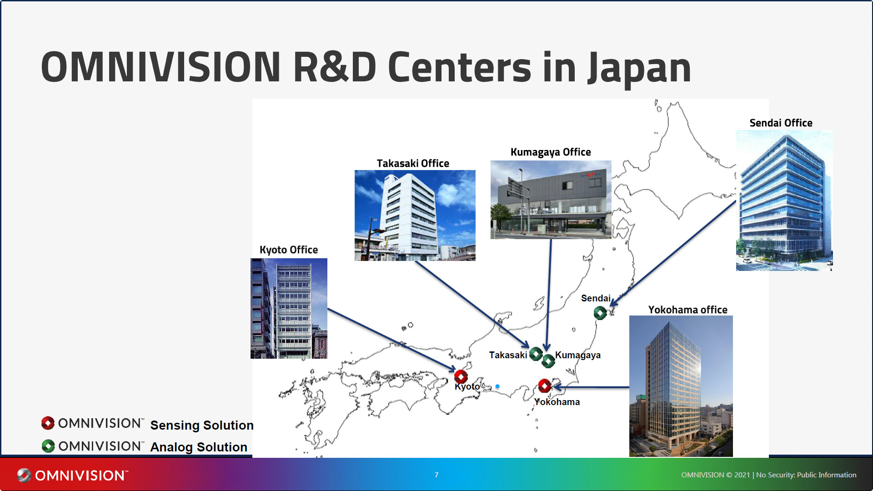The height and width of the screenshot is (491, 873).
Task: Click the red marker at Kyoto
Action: (x=461, y=376)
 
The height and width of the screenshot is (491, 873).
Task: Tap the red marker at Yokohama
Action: (x=544, y=386)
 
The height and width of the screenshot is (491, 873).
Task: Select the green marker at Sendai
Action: (x=600, y=313)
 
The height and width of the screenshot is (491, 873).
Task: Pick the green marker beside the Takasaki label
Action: (x=536, y=353)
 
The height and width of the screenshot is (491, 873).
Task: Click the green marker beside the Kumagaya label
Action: (x=548, y=361)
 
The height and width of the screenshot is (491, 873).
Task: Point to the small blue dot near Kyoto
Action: (x=497, y=386)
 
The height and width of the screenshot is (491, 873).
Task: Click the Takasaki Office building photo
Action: (x=415, y=215)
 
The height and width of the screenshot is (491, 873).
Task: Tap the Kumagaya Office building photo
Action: (x=551, y=200)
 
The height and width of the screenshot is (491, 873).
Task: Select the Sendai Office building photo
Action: (x=784, y=200)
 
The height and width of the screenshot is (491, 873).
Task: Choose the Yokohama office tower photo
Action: (x=681, y=386)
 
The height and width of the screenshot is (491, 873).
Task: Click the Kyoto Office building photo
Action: (x=289, y=308)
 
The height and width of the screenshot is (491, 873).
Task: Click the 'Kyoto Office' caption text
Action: (x=288, y=250)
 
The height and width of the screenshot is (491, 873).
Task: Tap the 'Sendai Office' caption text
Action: (x=781, y=123)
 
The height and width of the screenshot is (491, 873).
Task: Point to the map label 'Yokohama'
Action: (x=557, y=402)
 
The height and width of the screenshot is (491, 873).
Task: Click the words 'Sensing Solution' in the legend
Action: (x=201, y=425)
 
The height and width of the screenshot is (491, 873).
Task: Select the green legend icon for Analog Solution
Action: (x=48, y=446)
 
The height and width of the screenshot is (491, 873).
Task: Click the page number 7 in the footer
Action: (x=436, y=475)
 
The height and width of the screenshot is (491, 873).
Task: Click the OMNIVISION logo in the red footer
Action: (x=73, y=475)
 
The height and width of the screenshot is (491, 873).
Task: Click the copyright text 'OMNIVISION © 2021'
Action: (x=715, y=475)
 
